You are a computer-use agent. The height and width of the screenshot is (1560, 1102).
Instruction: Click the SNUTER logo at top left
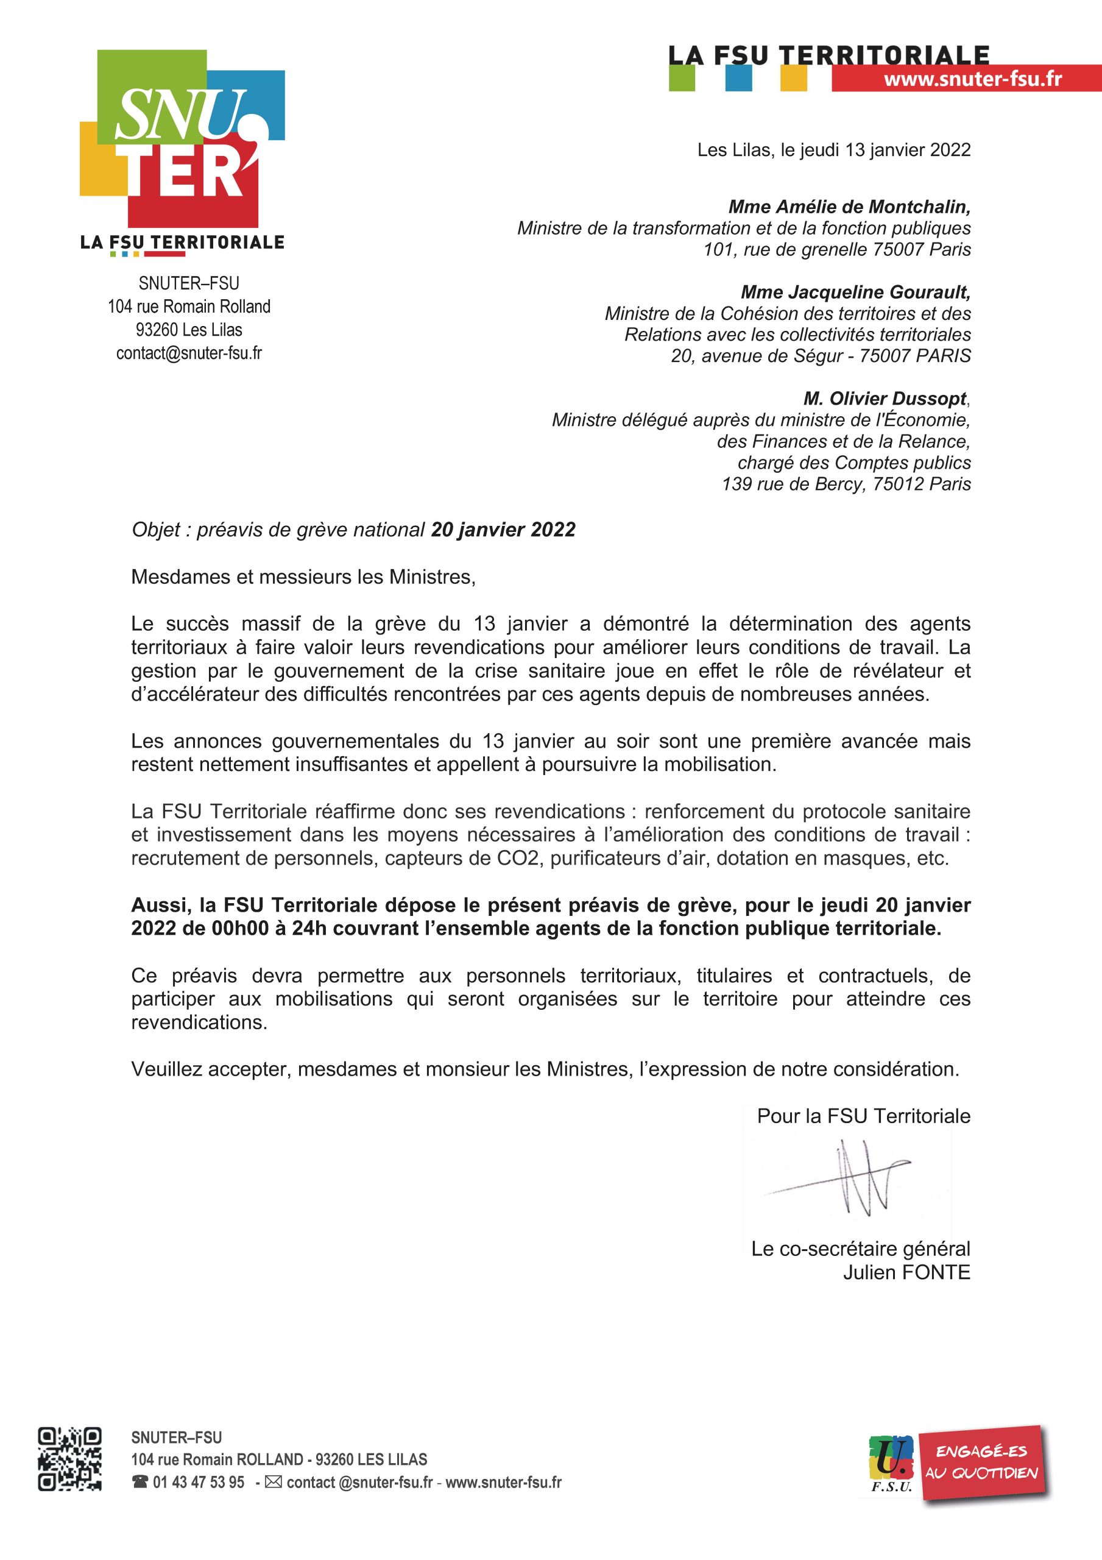pos(182,140)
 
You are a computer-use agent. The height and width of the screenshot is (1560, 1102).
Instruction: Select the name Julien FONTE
pos(906,1272)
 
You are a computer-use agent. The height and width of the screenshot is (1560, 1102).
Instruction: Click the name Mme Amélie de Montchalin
pos(849,206)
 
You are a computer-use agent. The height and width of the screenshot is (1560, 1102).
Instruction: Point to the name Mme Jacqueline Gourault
pos(855,291)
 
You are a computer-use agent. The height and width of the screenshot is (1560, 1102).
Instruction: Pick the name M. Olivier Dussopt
pos(885,398)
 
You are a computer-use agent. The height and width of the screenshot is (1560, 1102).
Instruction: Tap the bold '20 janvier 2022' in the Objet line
pos(503,530)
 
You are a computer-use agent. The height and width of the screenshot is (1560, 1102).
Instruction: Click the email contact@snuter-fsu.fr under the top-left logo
pos(189,353)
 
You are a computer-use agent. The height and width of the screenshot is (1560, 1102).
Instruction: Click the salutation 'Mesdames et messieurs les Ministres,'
pos(303,577)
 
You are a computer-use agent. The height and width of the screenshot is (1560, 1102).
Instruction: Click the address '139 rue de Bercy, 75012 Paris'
pos(846,484)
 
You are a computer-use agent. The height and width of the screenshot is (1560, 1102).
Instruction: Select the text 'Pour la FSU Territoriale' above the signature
pos(864,1116)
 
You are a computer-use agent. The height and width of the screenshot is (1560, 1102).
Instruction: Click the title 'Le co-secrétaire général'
pos(860,1249)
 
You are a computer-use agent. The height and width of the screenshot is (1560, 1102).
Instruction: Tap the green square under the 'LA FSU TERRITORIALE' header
pos(682,79)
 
